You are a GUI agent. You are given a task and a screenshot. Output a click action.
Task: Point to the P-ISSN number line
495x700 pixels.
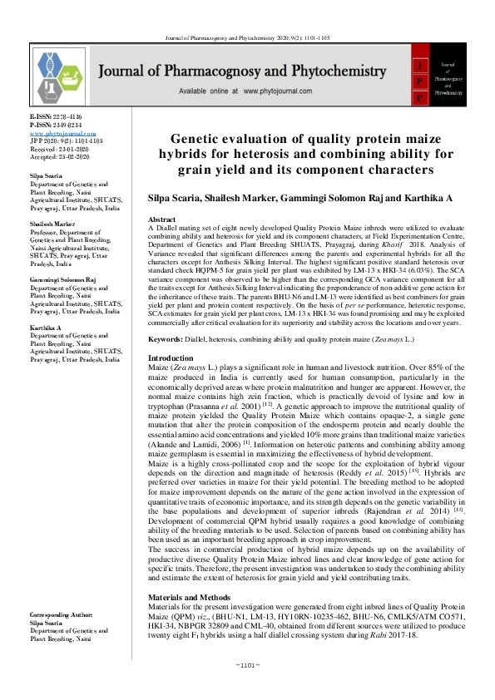pyautogui.click(x=57, y=126)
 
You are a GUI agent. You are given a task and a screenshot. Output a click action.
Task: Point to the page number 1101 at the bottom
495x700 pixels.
pyautogui.click(x=247, y=688)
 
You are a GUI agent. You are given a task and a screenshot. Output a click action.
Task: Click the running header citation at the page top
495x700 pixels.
pyautogui.click(x=247, y=15)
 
